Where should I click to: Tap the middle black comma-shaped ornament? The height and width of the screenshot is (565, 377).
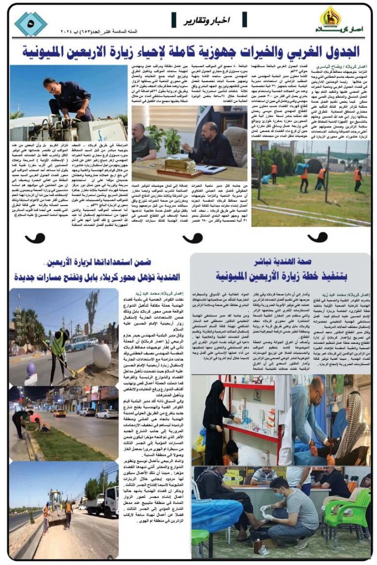pos(192,238)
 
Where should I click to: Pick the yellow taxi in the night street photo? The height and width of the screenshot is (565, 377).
pos(59,413)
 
